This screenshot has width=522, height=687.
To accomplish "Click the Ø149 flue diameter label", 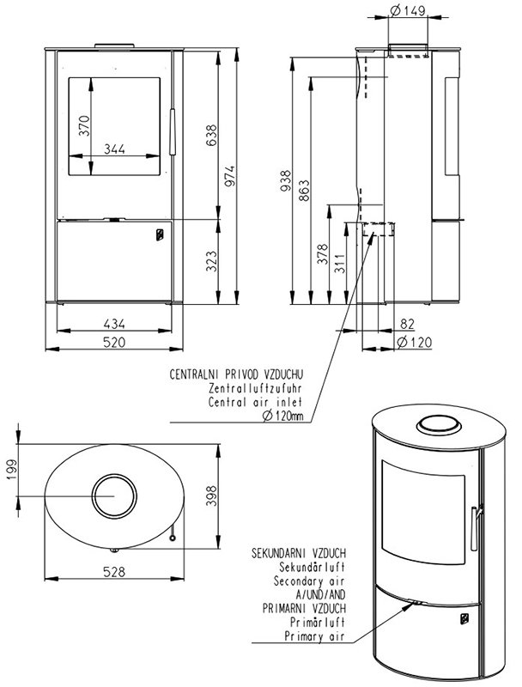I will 407,10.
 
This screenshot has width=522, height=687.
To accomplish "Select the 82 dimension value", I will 408,324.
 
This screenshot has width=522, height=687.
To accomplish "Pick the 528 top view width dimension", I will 114,571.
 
